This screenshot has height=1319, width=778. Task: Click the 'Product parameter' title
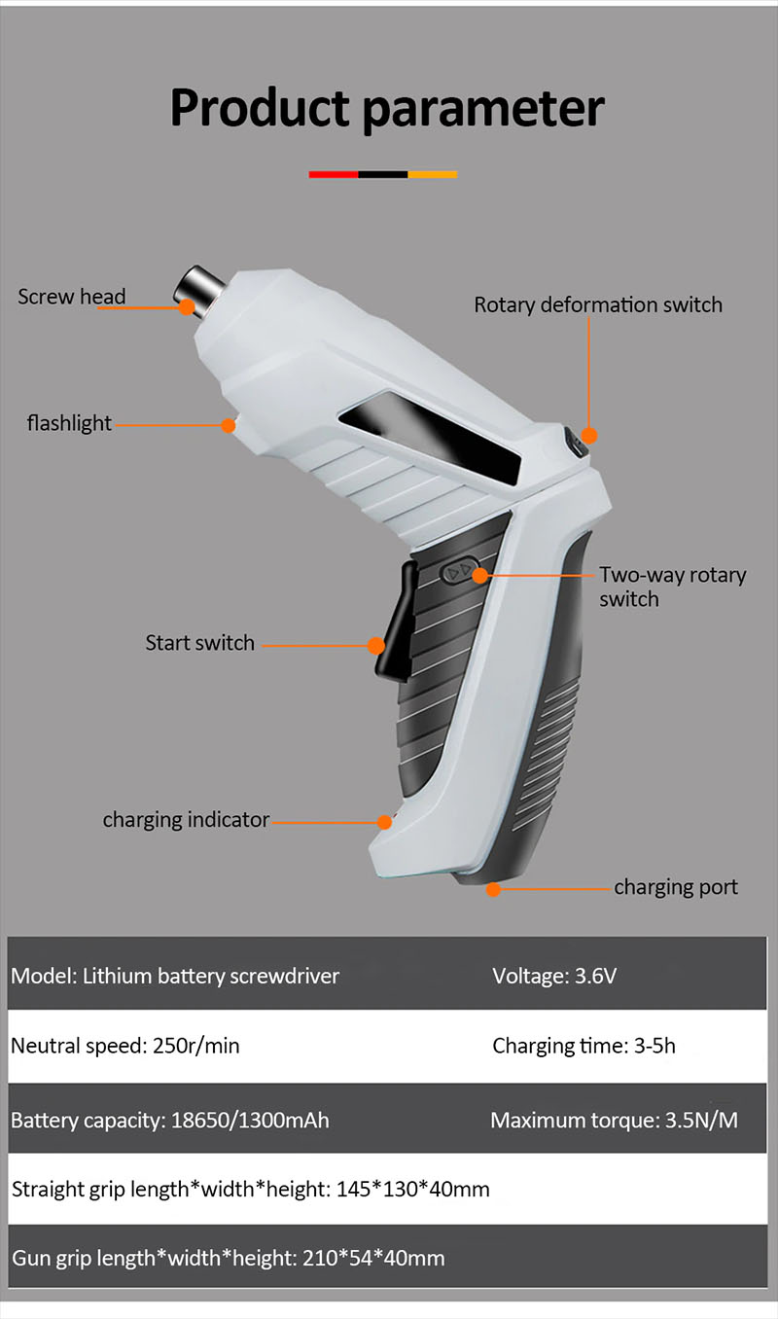(387, 108)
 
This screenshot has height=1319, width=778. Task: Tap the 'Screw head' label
(71, 297)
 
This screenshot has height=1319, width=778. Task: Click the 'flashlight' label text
(69, 423)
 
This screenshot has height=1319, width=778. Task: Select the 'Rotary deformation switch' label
(598, 304)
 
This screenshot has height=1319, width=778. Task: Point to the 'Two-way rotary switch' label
(672, 587)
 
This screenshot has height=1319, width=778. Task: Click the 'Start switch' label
(199, 643)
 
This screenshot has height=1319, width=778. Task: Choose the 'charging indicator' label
(186, 820)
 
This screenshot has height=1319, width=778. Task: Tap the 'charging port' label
(676, 887)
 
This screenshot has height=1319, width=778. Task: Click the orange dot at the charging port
(493, 888)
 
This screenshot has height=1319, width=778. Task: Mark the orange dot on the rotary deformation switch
(589, 436)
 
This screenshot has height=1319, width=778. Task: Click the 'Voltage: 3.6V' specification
(554, 976)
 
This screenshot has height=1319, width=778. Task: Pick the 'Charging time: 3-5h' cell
(583, 1047)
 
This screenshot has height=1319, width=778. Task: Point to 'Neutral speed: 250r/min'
(124, 1047)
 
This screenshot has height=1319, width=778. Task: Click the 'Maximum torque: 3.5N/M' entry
(614, 1121)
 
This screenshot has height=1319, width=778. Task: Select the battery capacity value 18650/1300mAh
(250, 1121)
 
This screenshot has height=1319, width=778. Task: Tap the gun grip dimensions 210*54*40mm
(372, 1259)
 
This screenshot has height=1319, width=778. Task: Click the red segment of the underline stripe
(334, 175)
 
